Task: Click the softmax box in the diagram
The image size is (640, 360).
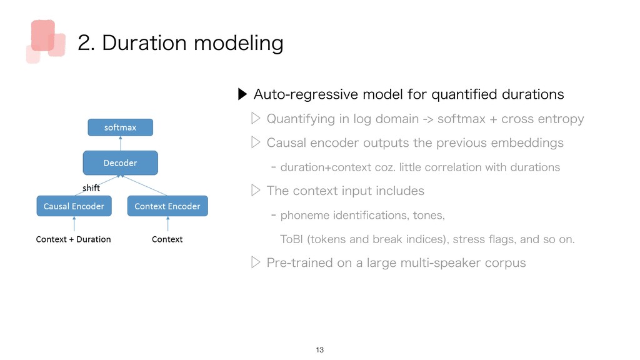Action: tap(121, 127)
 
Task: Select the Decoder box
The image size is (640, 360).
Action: tap(121, 163)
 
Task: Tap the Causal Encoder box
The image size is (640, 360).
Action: tap(74, 206)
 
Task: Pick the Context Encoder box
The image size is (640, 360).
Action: tap(167, 206)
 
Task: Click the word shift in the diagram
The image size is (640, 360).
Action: tap(91, 187)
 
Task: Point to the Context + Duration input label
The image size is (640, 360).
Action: tap(74, 239)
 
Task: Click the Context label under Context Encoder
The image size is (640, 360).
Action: tap(167, 239)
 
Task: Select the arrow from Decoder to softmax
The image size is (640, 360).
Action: tap(121, 143)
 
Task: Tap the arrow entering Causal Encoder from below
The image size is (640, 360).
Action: tap(74, 224)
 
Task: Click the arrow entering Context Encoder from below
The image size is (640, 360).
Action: tap(167, 224)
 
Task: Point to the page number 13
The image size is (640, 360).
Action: tap(319, 350)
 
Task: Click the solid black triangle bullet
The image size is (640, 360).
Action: tap(242, 94)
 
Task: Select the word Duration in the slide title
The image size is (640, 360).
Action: tap(144, 43)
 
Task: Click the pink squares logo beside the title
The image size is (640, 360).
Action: tap(46, 41)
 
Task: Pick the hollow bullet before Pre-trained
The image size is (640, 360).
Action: tap(256, 262)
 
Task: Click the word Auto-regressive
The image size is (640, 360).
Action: tap(305, 95)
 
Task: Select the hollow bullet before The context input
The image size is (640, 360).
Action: tap(256, 190)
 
